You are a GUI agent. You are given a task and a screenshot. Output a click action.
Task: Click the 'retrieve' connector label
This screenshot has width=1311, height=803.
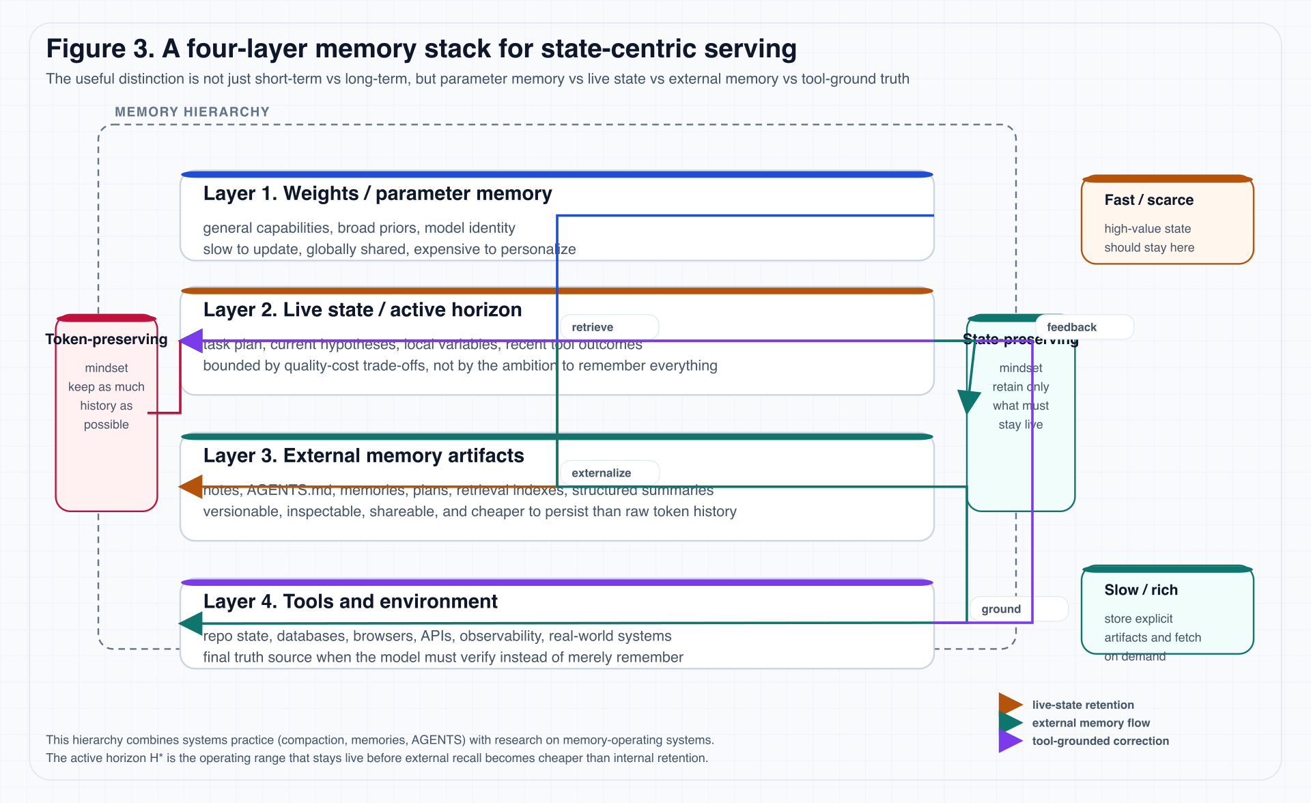[592, 327]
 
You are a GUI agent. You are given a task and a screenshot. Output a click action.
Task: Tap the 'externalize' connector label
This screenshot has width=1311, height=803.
[601, 473]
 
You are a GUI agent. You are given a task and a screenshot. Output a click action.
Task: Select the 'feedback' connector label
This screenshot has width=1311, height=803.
[1071, 327]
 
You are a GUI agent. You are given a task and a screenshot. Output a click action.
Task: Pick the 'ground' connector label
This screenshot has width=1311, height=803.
[1001, 609]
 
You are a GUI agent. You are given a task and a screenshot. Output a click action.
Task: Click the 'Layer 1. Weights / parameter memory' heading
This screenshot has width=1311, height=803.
[378, 194]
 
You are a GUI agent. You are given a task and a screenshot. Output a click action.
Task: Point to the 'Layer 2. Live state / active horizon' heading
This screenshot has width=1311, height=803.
[363, 310]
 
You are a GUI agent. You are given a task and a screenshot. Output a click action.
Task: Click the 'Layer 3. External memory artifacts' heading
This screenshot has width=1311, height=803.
[363, 456]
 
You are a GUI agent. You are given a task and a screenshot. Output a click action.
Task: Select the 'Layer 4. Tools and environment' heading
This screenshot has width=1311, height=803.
[350, 602]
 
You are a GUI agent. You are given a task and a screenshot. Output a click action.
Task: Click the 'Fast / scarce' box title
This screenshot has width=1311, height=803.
[1148, 200]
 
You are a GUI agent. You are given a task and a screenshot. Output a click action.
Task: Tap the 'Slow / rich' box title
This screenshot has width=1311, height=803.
[1140, 590]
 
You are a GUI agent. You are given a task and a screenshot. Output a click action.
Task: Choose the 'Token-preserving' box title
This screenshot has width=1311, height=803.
[107, 339]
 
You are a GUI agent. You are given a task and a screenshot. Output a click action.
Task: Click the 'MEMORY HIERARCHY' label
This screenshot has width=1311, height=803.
[192, 112]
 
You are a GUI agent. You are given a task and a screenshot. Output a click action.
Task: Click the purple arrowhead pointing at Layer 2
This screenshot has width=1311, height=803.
[192, 341]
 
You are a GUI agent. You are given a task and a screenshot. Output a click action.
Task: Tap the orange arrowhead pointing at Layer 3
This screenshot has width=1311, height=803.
[192, 487]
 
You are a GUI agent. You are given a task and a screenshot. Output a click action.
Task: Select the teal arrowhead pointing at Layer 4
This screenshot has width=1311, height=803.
[192, 623]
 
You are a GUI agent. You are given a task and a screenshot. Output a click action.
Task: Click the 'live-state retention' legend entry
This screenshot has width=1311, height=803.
[1082, 705]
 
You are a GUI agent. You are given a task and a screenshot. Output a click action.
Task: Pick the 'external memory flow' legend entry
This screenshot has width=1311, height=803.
[1090, 722]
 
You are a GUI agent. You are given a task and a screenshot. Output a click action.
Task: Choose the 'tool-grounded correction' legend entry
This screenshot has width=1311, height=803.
[1100, 741]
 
